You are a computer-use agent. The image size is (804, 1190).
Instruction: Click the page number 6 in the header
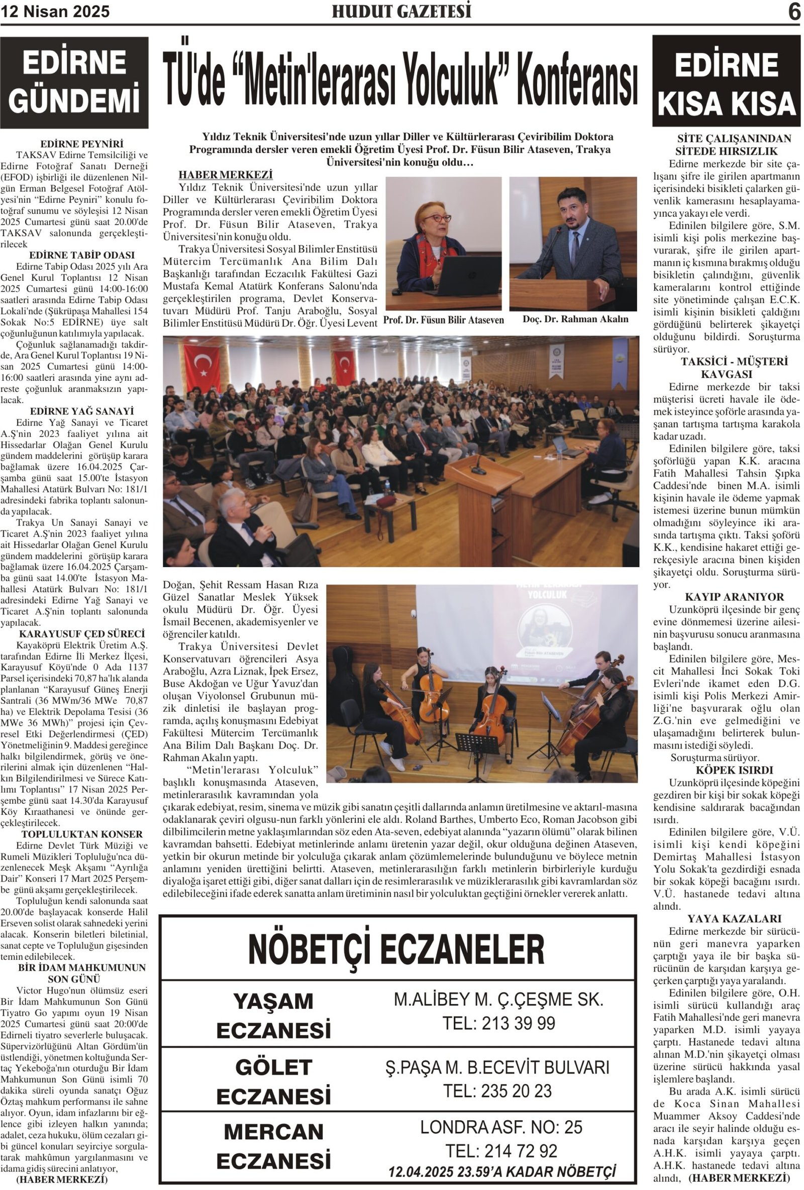click(794, 12)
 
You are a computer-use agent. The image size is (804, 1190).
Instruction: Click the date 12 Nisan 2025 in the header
click(55, 12)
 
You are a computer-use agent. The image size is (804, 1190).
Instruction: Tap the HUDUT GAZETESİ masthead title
click(401, 11)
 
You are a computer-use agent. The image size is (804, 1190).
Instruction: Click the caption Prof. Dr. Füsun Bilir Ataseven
click(444, 320)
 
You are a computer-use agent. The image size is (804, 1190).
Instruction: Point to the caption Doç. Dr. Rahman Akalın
click(575, 319)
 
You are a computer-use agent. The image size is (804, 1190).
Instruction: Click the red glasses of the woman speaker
click(436, 218)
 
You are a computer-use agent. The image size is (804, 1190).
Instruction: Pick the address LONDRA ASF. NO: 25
click(501, 1127)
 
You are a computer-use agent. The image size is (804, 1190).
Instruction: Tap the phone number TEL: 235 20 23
click(497, 1091)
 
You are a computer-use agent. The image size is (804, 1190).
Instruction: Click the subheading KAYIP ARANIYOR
click(727, 597)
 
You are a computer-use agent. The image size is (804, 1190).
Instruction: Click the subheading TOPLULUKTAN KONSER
click(75, 834)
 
